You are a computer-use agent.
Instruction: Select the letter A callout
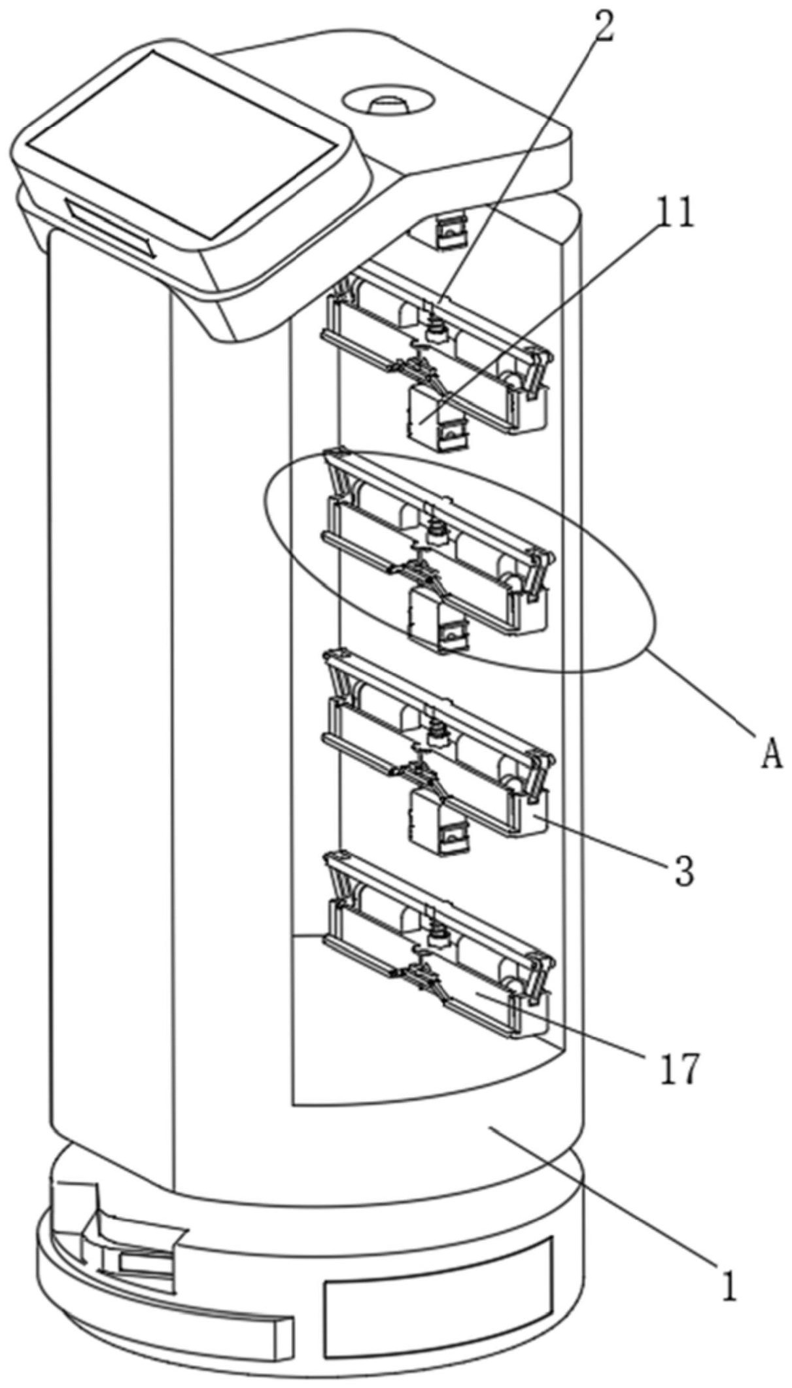tap(772, 756)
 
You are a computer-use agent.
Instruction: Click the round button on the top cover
tap(388, 102)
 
